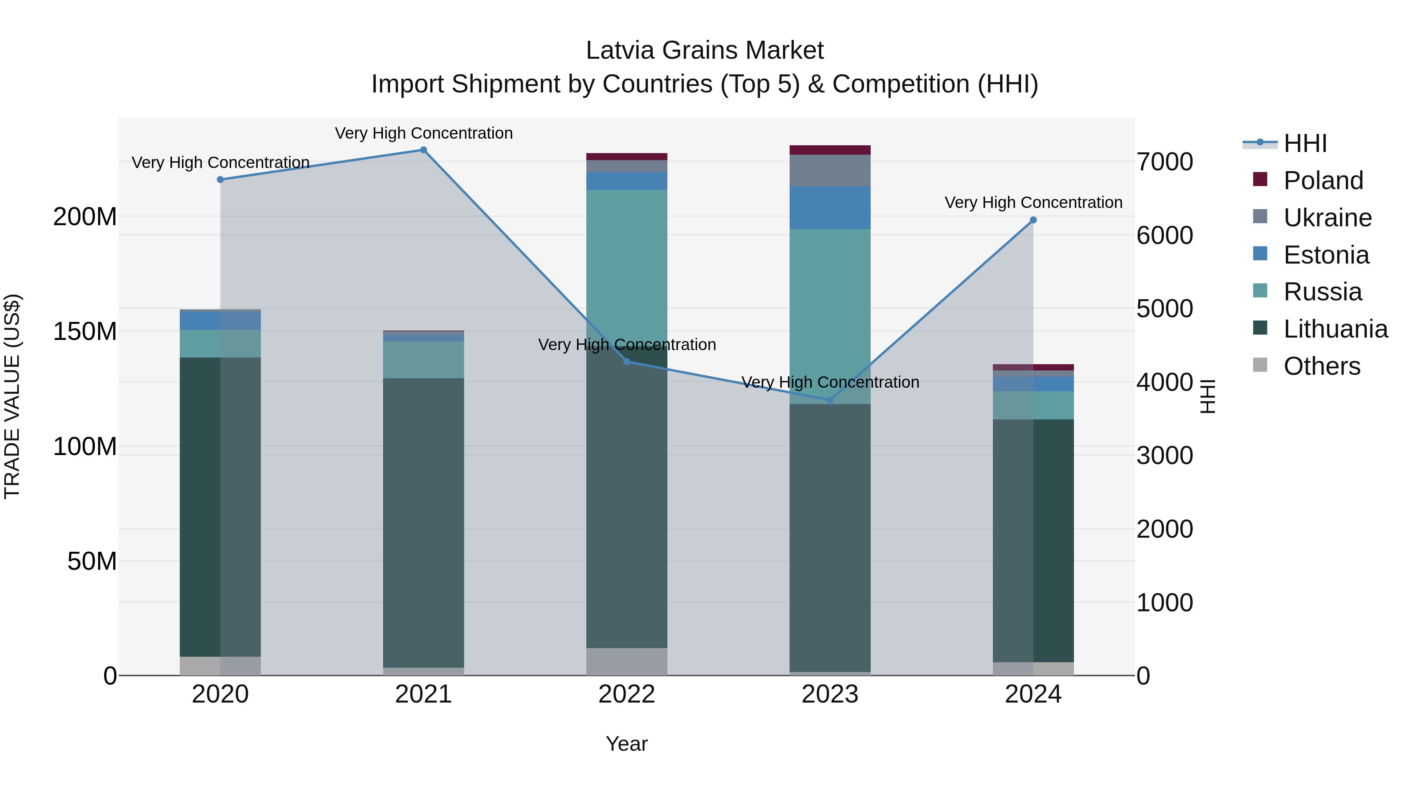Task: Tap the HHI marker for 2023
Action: pyautogui.click(x=830, y=400)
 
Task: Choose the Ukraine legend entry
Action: pyautogui.click(x=1327, y=218)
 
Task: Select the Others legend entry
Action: pyautogui.click(x=1321, y=366)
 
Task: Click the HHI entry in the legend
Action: pyautogui.click(x=1305, y=143)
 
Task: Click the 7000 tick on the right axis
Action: pyautogui.click(x=1164, y=162)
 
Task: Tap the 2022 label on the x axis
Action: pyautogui.click(x=626, y=694)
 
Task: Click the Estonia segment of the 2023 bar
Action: pyautogui.click(x=830, y=208)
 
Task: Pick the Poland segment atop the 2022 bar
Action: pyautogui.click(x=626, y=157)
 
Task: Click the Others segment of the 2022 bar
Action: pyautogui.click(x=626, y=662)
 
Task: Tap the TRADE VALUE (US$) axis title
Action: pyautogui.click(x=12, y=396)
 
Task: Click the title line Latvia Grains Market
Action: pyautogui.click(x=705, y=51)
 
